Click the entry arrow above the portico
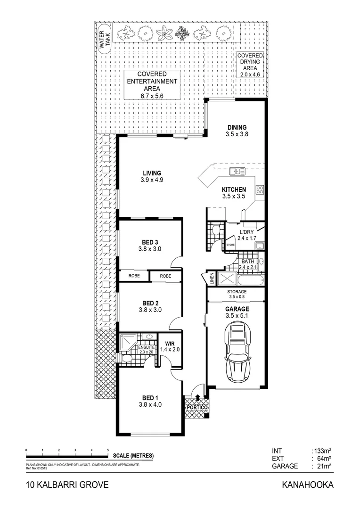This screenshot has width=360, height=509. pos(197,400)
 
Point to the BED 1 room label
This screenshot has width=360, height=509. pos(150,400)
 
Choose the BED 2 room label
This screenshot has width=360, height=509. pos(150,306)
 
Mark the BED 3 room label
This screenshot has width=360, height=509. pos(150,246)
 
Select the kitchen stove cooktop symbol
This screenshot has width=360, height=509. pos(259,190)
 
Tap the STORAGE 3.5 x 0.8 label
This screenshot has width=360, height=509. pos(237,295)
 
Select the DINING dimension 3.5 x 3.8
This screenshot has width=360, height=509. pos(237,134)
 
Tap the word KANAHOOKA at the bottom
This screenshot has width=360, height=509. pos(307,485)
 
